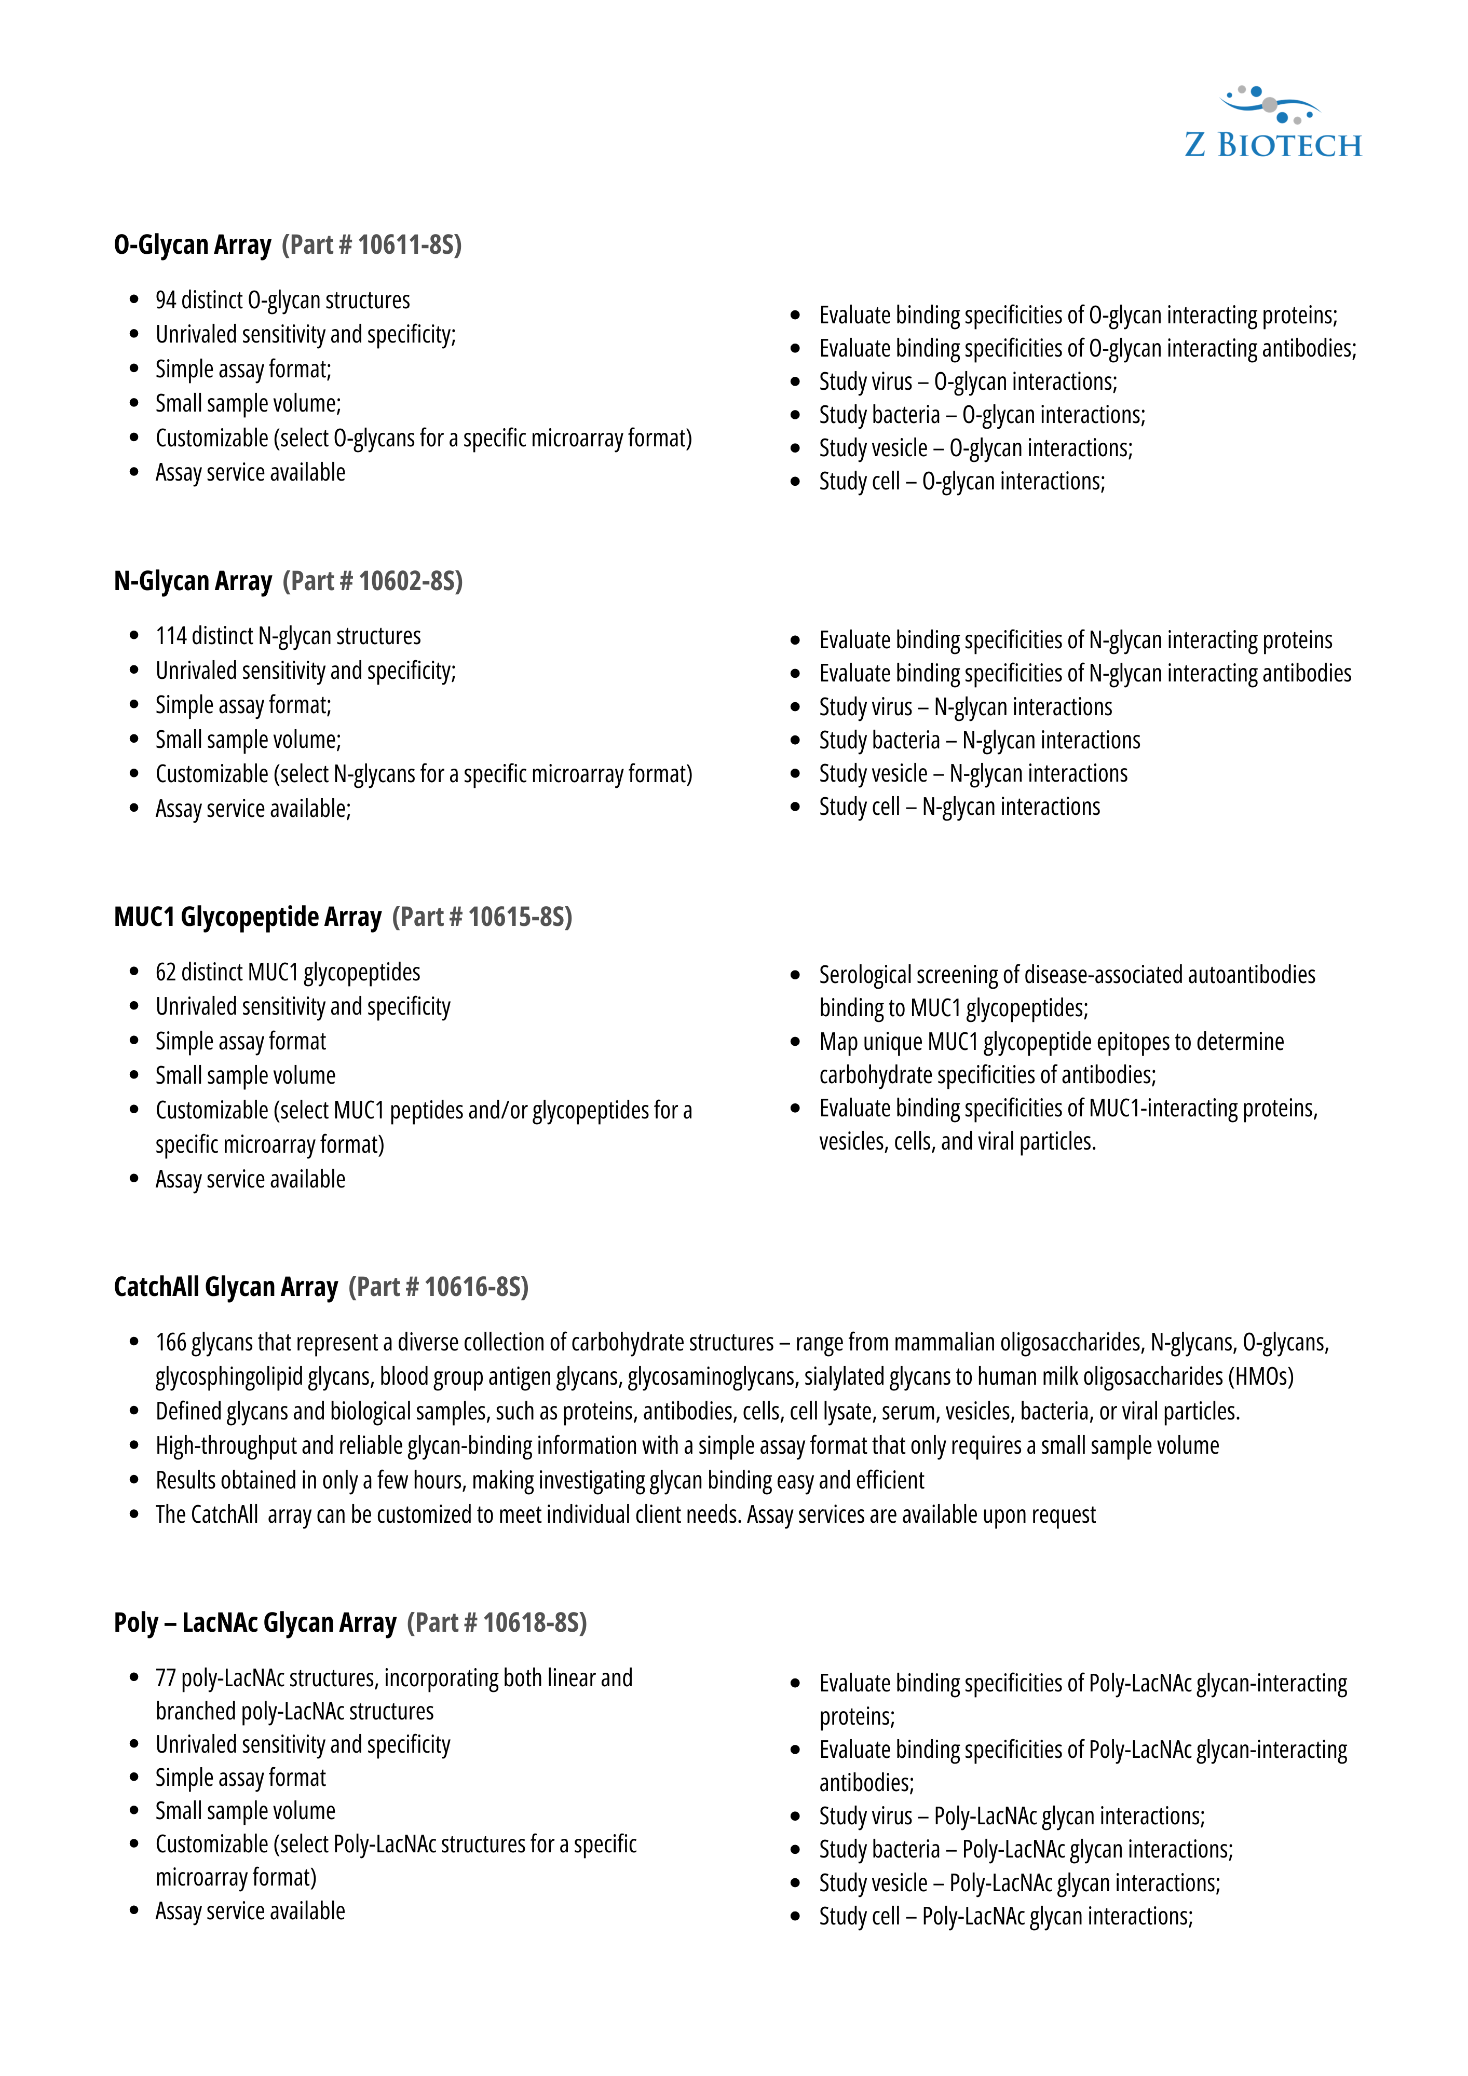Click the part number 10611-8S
coord(409,245)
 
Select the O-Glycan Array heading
coord(193,245)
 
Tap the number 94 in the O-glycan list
coord(167,300)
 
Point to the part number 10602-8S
coord(410,581)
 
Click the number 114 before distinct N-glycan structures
coord(171,636)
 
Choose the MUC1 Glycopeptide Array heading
coord(247,917)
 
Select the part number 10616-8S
coord(476,1287)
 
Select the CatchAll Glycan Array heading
coord(225,1287)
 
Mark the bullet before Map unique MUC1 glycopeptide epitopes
coord(795,1042)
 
